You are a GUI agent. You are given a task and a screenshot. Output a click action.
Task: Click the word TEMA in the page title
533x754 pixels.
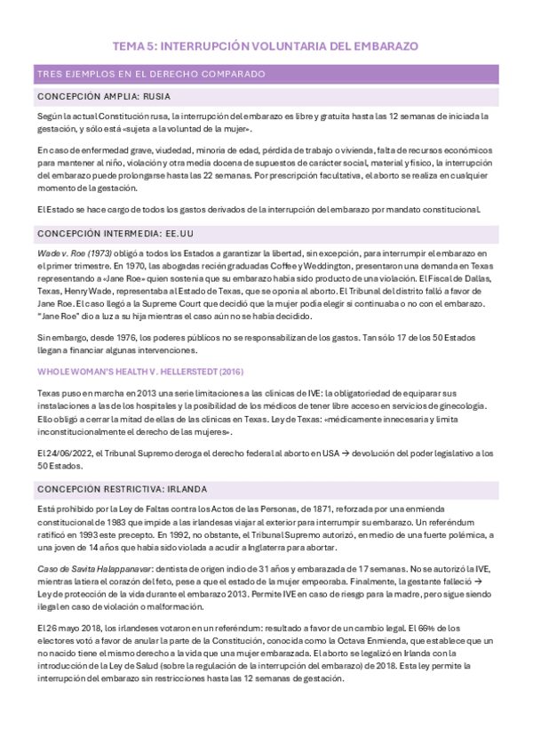pos(129,45)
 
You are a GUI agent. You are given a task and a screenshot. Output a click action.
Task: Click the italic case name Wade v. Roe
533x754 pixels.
pos(61,255)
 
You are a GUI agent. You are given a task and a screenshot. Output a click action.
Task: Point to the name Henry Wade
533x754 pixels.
pos(86,290)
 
